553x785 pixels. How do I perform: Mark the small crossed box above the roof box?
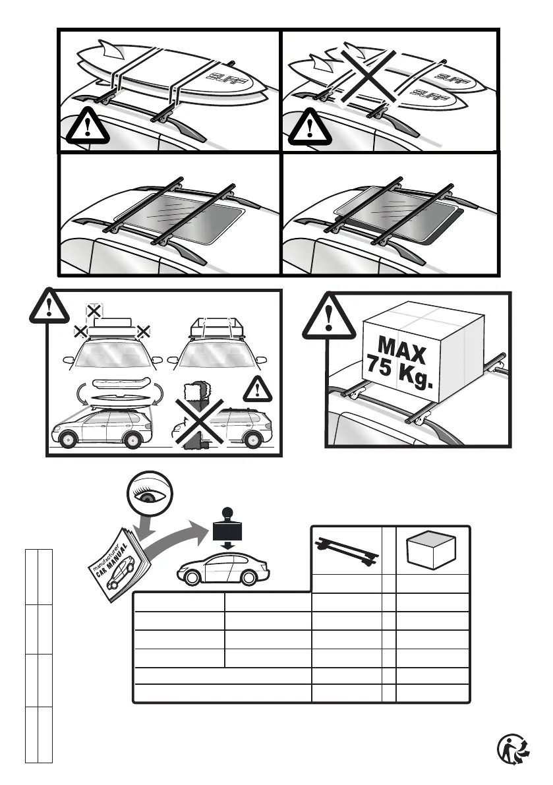94,310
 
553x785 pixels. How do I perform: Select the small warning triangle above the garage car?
257,390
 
